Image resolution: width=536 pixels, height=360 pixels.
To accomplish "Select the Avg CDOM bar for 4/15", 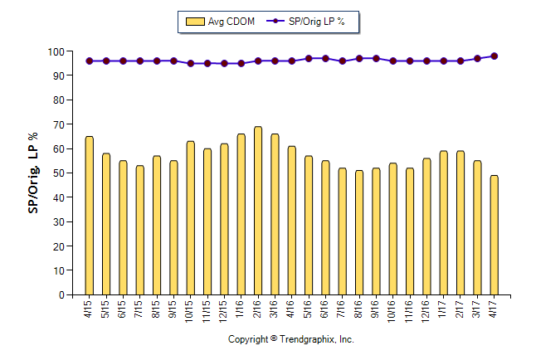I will (89, 216).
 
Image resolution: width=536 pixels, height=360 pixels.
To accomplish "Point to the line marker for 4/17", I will (494, 56).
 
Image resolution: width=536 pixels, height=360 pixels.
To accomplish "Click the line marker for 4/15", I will (89, 61).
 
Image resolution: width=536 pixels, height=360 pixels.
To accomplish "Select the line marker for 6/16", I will (325, 59).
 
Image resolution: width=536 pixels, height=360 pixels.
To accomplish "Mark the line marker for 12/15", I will (224, 63).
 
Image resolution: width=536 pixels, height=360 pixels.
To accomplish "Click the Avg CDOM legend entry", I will (219, 22).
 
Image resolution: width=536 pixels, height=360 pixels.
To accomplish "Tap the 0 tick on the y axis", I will (61, 294).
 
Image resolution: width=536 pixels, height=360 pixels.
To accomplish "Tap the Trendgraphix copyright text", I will (291, 339).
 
